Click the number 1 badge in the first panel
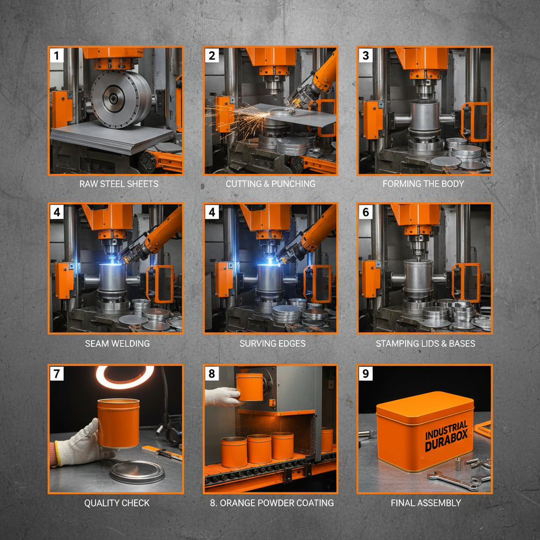click(x=57, y=55)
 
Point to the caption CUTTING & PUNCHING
click(x=271, y=184)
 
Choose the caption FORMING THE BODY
click(x=423, y=184)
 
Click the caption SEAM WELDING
click(x=118, y=343)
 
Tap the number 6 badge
click(x=366, y=213)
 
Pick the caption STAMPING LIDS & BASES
click(x=425, y=343)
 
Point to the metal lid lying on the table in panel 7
click(x=137, y=471)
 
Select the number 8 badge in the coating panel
click(x=212, y=374)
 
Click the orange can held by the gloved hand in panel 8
click(x=250, y=387)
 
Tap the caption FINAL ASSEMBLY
click(x=426, y=503)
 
